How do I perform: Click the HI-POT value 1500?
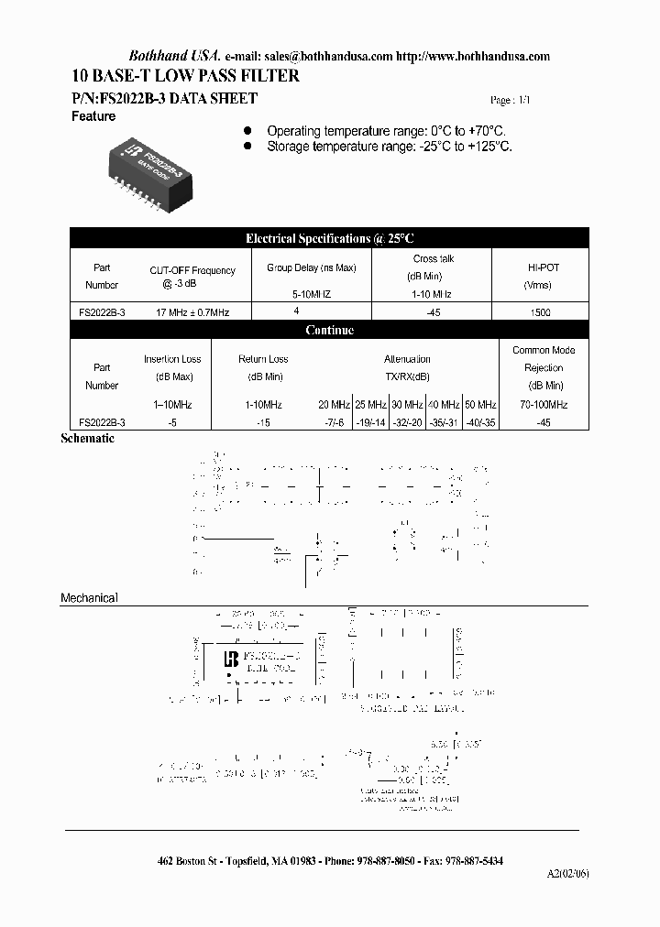click(541, 312)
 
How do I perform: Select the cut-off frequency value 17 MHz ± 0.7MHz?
click(192, 312)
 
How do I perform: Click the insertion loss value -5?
click(172, 422)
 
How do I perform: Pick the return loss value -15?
click(263, 422)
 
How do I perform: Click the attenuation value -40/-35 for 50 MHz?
click(479, 422)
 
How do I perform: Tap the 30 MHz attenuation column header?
click(408, 405)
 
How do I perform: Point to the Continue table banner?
click(330, 330)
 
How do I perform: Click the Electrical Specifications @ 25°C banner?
click(330, 238)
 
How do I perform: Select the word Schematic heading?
click(87, 439)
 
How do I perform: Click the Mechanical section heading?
click(89, 598)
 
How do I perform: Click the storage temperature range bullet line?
click(389, 146)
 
